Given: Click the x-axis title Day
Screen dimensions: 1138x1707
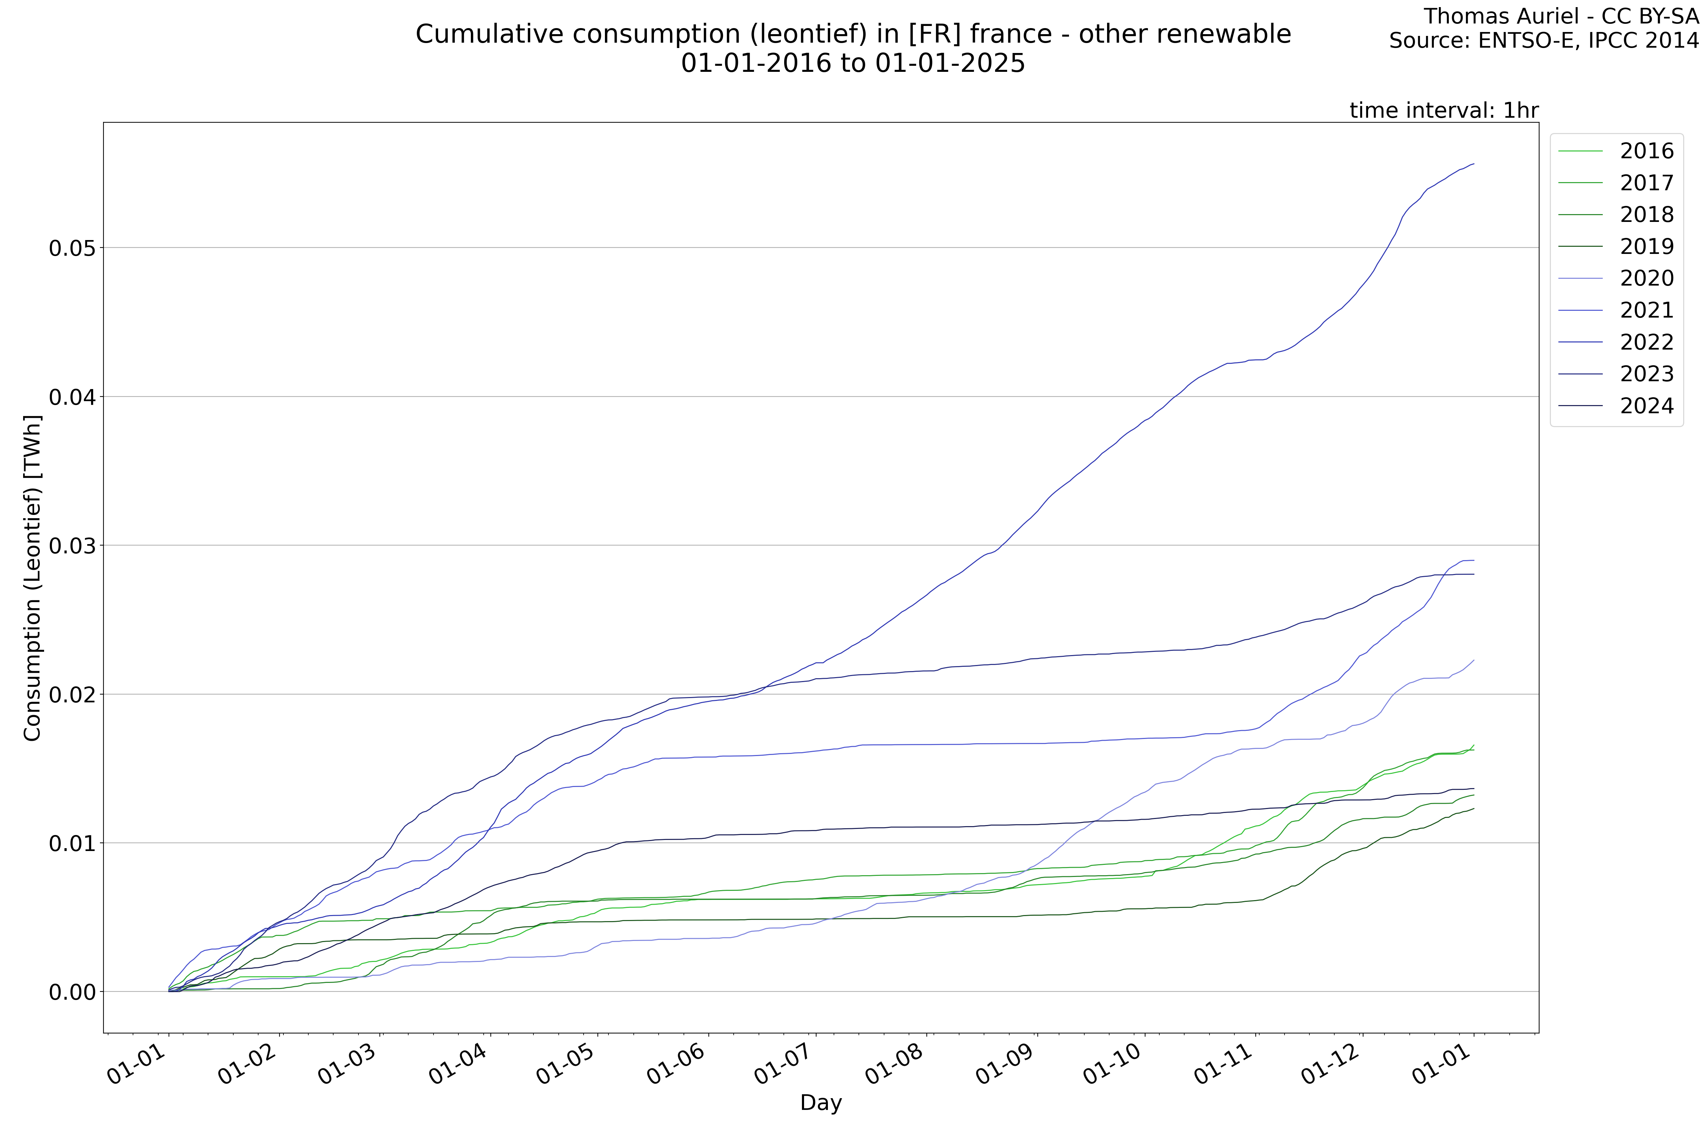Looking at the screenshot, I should click(821, 1103).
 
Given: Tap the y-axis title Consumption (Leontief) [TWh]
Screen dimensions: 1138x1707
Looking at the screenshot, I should click(33, 579).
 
